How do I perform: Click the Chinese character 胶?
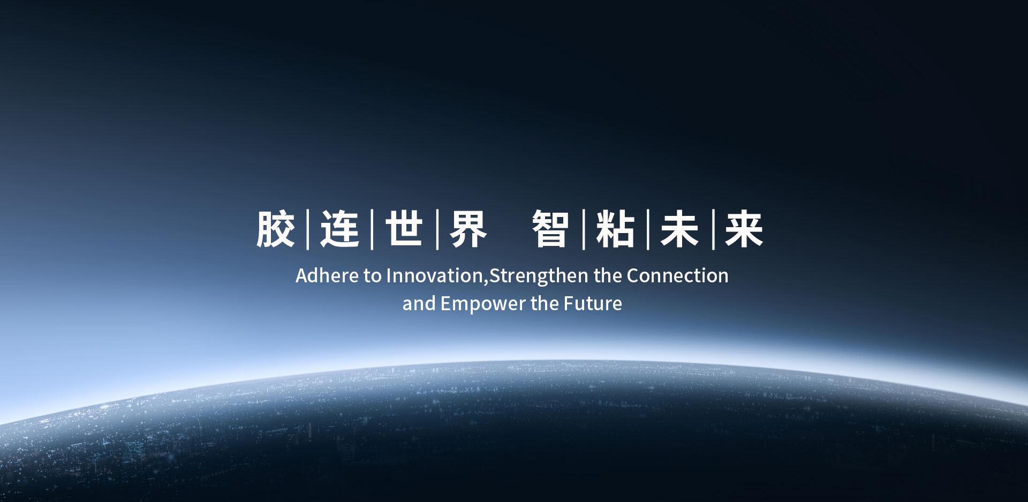click(276, 229)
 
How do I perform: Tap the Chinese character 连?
click(340, 229)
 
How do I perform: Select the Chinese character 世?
click(404, 229)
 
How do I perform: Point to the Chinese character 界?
click(468, 229)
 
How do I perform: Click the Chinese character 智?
click(550, 229)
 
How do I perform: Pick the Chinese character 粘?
click(615, 229)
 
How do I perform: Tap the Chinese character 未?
click(680, 229)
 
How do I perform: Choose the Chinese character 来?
click(744, 229)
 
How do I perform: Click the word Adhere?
click(327, 275)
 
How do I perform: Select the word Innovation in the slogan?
click(434, 275)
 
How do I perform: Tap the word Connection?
click(677, 275)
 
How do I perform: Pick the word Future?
click(593, 303)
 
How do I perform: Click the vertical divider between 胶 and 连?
click(308, 229)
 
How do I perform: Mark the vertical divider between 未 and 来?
click(713, 229)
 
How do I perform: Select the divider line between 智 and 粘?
click(584, 229)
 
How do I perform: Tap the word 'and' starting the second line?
click(419, 303)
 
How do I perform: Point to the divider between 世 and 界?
click(437, 229)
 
